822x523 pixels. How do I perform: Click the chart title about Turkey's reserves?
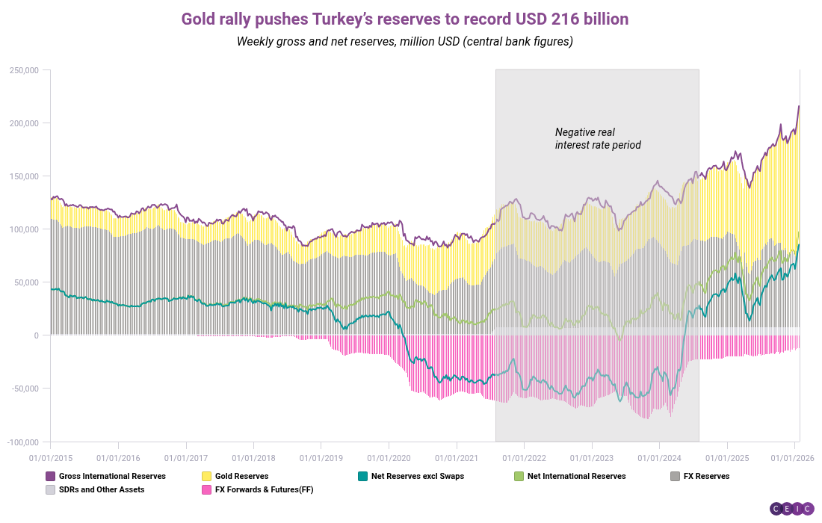coord(404,19)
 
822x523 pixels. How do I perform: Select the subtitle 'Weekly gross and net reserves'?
coord(404,41)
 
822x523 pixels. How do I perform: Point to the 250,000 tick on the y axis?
coord(24,70)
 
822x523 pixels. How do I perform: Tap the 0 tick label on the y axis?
coord(35,335)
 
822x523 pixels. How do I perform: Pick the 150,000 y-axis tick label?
coord(24,176)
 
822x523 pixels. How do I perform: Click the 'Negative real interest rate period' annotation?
coord(598,138)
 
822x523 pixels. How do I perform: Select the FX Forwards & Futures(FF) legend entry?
coord(259,490)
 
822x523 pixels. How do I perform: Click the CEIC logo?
coord(792,508)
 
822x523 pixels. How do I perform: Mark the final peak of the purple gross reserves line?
coord(799,106)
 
